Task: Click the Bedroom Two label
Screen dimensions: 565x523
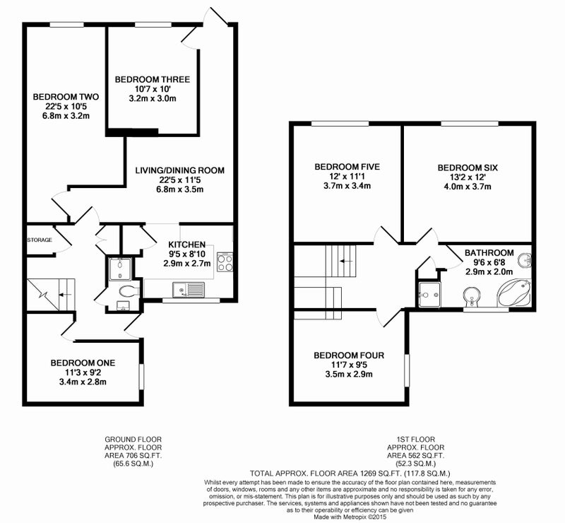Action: tap(66, 97)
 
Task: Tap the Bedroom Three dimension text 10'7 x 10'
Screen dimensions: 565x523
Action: tap(152, 89)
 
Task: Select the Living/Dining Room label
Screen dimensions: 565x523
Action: tap(179, 170)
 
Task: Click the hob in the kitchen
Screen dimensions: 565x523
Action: tap(225, 262)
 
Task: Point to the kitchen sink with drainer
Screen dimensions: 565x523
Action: tap(189, 289)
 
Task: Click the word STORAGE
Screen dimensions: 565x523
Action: tap(40, 240)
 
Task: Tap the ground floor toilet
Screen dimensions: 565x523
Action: tap(129, 290)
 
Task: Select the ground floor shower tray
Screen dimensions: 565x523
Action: tap(119, 269)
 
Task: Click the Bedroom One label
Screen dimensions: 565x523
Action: tap(83, 363)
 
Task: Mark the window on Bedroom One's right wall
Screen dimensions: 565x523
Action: tap(141, 377)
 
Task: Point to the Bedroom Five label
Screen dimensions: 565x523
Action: tap(347, 167)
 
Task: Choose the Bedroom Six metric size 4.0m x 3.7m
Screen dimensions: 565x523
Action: tap(468, 187)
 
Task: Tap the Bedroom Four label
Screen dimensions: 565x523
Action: tap(349, 355)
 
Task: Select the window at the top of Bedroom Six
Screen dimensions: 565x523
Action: tap(470, 124)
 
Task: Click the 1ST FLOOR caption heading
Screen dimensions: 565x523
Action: tap(416, 440)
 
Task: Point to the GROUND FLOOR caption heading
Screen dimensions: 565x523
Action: tap(133, 440)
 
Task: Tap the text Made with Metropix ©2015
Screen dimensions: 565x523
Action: tap(350, 517)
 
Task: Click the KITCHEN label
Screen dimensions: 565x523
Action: tap(186, 245)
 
